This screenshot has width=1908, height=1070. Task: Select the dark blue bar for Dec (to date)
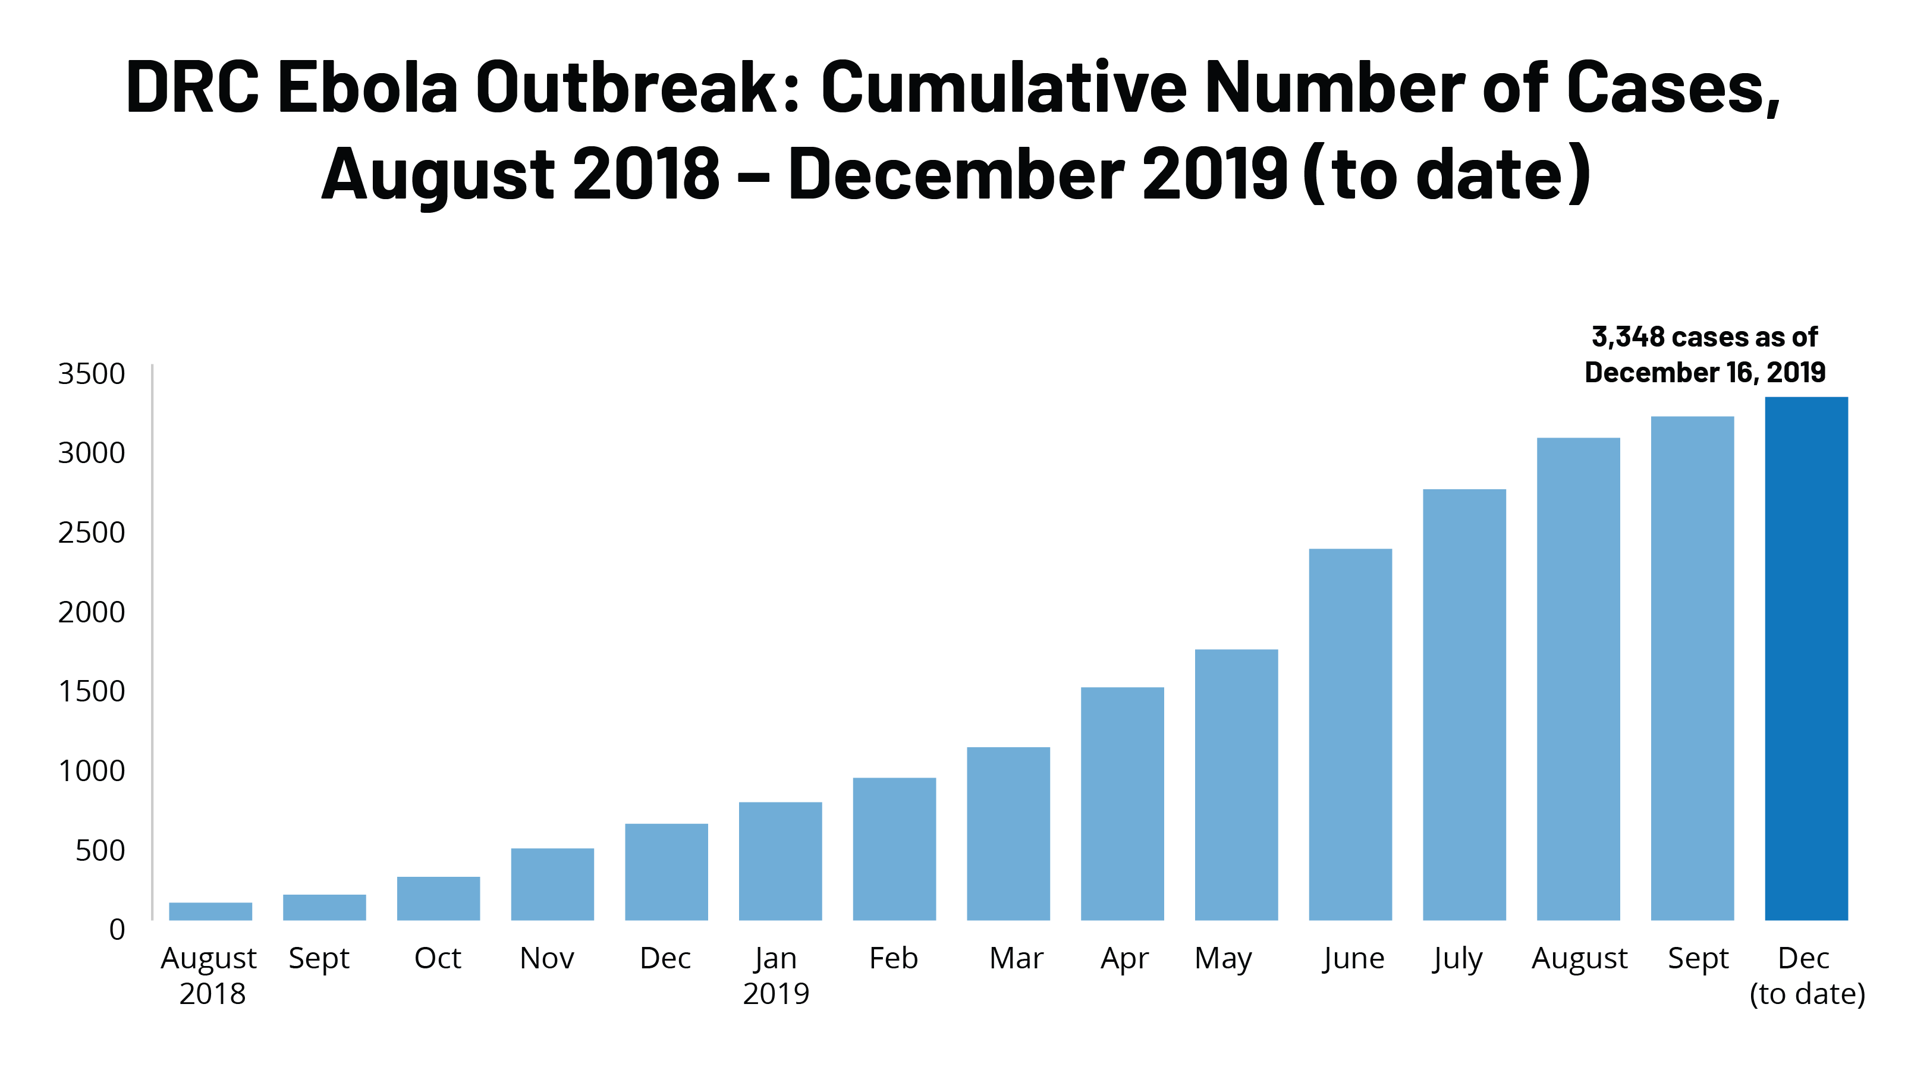tap(1806, 659)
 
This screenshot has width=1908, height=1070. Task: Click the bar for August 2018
tap(210, 911)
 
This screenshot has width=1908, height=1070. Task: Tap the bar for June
tap(1350, 735)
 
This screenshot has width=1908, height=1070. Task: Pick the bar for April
tap(1122, 804)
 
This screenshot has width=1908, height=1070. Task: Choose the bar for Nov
tap(552, 884)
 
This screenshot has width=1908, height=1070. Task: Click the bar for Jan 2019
tap(780, 861)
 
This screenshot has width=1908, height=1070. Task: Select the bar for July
tap(1464, 705)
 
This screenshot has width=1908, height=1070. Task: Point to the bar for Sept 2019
tap(1692, 669)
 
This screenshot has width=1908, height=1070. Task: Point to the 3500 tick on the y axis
tap(91, 374)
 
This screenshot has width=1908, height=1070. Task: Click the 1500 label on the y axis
tap(91, 691)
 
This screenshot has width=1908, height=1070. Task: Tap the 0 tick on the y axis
tap(117, 929)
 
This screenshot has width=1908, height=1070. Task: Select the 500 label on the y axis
tap(100, 851)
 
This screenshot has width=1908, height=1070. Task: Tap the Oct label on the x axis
tap(438, 958)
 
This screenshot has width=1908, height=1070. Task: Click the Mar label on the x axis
tap(1016, 958)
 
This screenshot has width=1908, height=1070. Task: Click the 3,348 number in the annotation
tap(1627, 337)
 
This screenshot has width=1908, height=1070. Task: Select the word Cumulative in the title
tap(1004, 87)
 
